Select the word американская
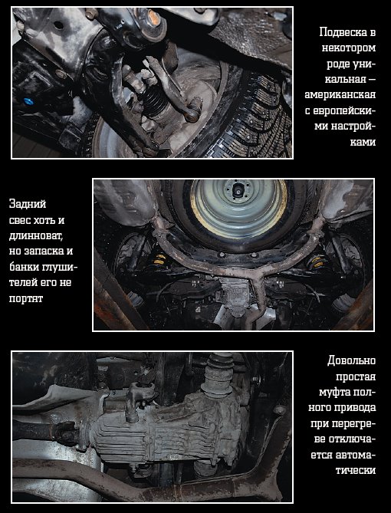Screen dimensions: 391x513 tap(340, 95)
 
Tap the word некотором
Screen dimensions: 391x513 tap(349, 48)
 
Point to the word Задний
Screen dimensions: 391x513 tap(28, 205)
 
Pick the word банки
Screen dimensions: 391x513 tap(25, 267)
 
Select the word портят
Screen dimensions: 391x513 tap(26, 299)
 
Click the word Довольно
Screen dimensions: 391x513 tap(351, 361)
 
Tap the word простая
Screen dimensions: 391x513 tap(356, 377)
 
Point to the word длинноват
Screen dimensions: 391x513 tap(36, 236)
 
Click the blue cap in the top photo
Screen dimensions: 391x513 tap(29, 101)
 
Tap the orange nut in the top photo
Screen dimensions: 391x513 tap(153, 18)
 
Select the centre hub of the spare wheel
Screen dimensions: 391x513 tap(238, 189)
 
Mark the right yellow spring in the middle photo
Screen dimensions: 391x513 tap(316, 262)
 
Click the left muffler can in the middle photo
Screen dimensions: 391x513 tap(126, 201)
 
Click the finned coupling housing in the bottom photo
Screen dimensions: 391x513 tap(167, 426)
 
